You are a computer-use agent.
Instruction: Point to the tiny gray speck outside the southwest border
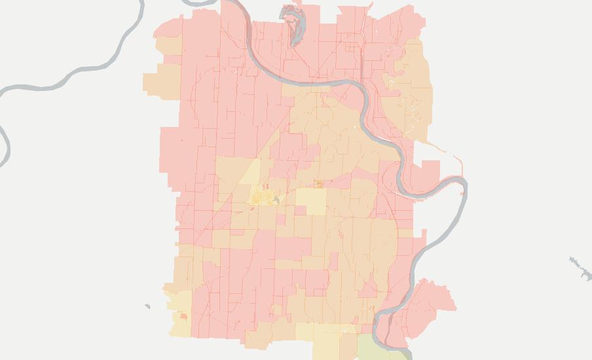(x=147, y=306)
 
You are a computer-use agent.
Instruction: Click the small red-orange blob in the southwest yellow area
(x=183, y=317)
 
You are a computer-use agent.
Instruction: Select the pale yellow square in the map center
(x=310, y=202)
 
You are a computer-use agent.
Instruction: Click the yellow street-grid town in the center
(x=263, y=196)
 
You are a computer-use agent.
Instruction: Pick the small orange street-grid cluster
(x=319, y=184)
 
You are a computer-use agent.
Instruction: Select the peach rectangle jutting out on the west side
(x=161, y=82)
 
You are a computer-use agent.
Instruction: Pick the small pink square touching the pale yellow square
(x=301, y=210)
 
